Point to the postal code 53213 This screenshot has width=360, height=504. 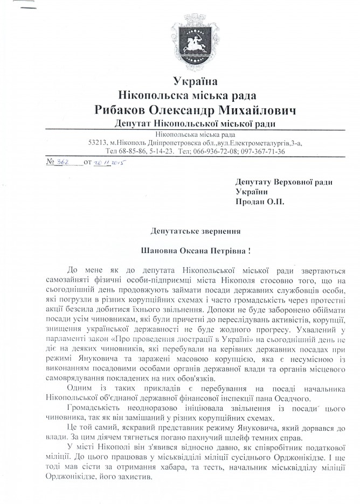(99, 143)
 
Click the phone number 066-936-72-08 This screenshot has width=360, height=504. (224, 151)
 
